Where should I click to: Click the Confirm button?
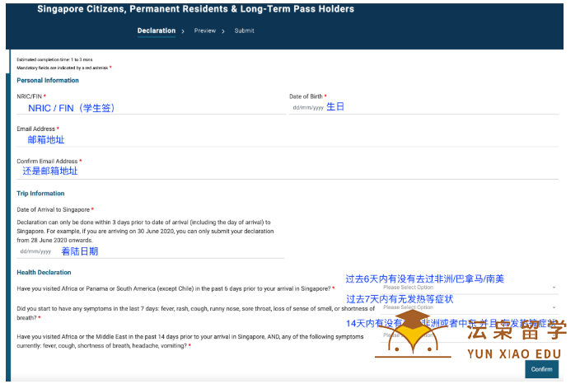coord(541,369)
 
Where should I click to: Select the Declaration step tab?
coord(157,30)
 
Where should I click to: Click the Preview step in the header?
coord(205,30)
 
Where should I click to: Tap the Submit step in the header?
coord(244,30)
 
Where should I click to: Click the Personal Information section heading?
coord(48,80)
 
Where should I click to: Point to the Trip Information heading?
coord(40,194)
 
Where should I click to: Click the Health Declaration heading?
coord(44,272)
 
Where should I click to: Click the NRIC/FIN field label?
coord(30,96)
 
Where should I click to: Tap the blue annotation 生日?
coord(334,107)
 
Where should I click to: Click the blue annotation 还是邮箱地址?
coord(50,171)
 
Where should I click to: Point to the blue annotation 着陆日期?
coord(79,251)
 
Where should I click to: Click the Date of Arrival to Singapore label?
coord(54,210)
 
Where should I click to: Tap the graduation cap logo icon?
coord(422,328)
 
